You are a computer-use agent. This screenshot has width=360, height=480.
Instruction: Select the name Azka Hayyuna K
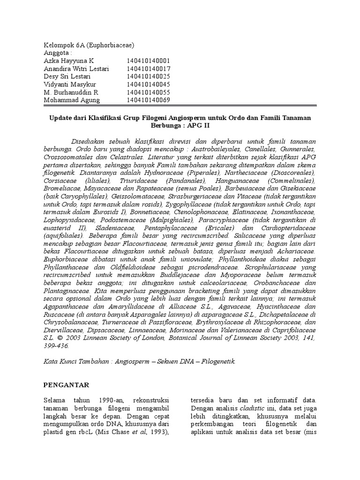(69, 61)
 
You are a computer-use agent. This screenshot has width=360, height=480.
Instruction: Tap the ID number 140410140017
(148, 69)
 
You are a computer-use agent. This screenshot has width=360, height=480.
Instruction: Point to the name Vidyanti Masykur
(70, 85)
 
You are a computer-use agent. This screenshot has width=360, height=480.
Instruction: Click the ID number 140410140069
(148, 100)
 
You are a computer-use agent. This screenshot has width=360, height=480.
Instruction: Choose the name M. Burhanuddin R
(71, 93)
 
